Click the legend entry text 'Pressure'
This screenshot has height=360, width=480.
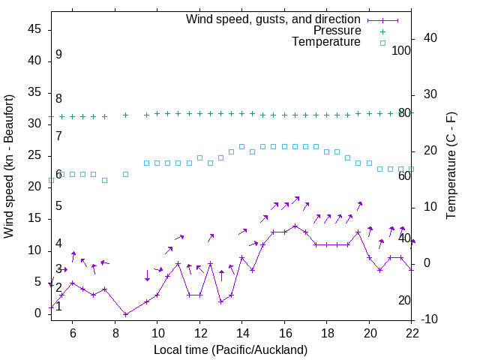[337, 31]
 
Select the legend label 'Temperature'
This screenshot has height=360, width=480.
[326, 42]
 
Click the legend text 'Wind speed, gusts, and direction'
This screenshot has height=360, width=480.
[273, 19]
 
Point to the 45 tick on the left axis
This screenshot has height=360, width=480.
[35, 29]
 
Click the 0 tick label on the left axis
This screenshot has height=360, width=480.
[38, 313]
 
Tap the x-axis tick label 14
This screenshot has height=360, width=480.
[242, 332]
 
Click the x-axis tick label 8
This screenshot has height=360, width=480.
[115, 332]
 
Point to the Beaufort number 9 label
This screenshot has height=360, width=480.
[58, 55]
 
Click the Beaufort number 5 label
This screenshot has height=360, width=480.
[58, 206]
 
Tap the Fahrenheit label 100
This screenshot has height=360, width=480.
[401, 50]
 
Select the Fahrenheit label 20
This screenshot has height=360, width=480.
[404, 300]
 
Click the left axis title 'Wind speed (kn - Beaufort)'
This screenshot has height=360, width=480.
[9, 166]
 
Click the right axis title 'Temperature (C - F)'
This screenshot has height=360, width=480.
[451, 166]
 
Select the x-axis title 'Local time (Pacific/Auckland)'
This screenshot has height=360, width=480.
[231, 349]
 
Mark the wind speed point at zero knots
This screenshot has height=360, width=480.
[125, 313]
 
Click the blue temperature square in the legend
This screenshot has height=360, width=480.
[382, 43]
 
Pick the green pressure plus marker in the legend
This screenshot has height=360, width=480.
[382, 31]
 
